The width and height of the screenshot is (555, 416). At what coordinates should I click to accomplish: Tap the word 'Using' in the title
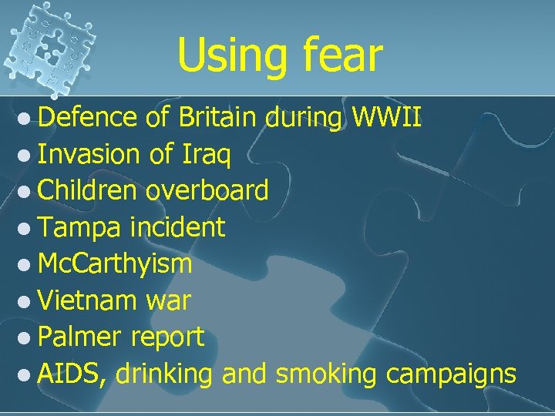pos(226,55)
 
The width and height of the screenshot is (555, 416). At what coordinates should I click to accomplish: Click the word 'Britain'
pos(220,119)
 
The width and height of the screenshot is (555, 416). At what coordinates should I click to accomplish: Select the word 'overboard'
pos(207,190)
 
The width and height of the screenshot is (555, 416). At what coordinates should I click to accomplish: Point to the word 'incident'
pos(178,226)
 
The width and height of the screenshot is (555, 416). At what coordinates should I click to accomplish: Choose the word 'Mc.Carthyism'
pos(115,263)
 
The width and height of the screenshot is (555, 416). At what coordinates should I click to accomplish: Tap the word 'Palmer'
pos(80,336)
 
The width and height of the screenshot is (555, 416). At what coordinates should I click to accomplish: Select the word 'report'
pos(167,337)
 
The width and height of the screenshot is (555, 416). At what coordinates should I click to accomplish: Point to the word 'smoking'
pos(326,374)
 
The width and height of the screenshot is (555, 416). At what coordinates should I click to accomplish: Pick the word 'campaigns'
pos(451,374)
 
